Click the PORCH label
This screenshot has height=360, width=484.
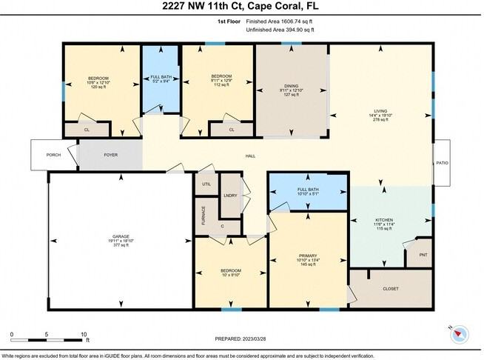[x=53, y=155]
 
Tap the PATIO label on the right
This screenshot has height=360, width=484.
[x=442, y=163]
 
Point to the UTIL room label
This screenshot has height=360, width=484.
[x=206, y=184]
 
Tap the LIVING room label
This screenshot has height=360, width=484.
[x=381, y=112]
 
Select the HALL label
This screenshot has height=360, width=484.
[x=251, y=156]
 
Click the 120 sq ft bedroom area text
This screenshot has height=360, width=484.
[x=99, y=87]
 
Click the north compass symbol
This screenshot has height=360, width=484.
[x=460, y=333]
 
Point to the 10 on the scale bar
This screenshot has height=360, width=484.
[x=84, y=334]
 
